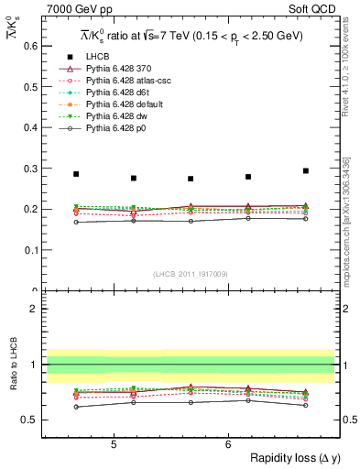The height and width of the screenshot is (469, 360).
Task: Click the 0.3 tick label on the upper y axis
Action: click(x=29, y=168)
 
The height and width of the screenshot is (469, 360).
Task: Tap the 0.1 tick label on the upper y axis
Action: click(x=29, y=249)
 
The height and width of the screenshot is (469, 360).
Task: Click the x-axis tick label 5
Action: click(x=114, y=444)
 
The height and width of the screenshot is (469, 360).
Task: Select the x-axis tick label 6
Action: click(x=228, y=444)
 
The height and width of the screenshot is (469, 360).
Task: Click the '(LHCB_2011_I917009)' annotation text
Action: click(x=190, y=273)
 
